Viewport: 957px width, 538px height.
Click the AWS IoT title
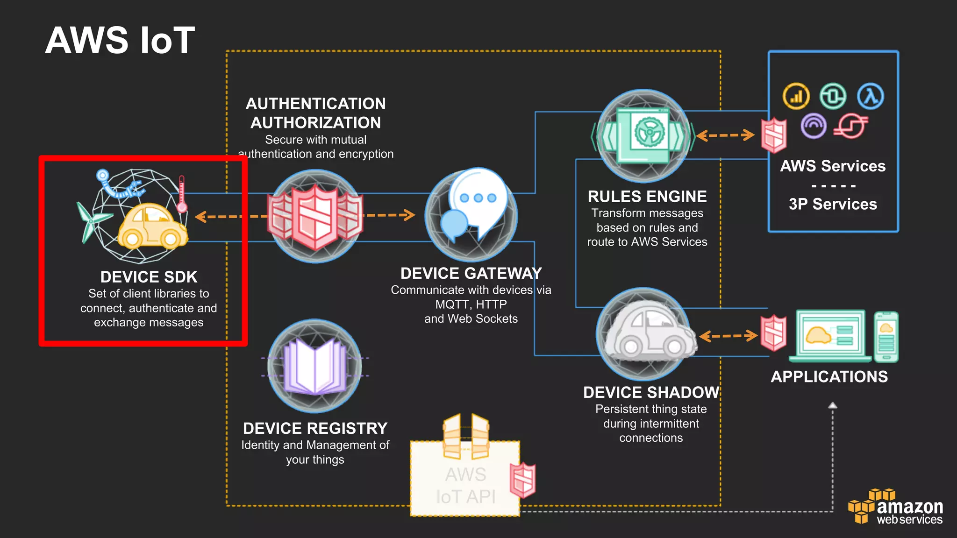tap(120, 40)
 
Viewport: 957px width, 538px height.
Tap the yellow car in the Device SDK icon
tap(151, 227)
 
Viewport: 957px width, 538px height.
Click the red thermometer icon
tap(182, 194)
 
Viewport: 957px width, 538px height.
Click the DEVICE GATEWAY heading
tap(471, 273)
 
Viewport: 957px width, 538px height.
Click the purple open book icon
tap(315, 367)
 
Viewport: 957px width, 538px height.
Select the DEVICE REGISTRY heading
tap(315, 428)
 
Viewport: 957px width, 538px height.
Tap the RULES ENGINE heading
tap(647, 197)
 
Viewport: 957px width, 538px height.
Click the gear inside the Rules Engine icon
tap(650, 131)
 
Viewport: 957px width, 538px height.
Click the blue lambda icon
tap(870, 97)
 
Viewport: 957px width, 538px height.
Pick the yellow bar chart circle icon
tap(796, 97)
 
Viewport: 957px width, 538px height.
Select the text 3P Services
tap(833, 204)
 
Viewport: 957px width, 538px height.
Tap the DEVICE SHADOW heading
tap(651, 392)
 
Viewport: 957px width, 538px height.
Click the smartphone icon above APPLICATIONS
tap(886, 337)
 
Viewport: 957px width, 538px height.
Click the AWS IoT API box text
tap(465, 486)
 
